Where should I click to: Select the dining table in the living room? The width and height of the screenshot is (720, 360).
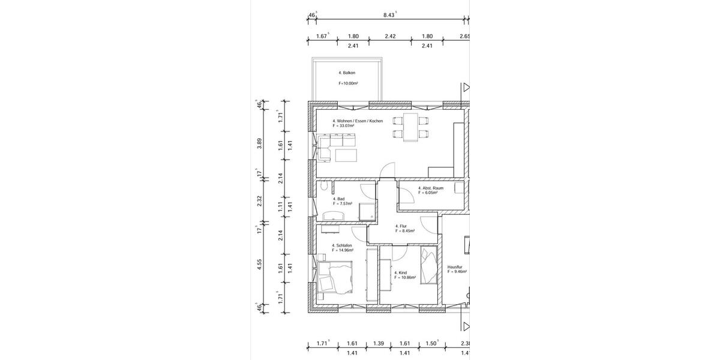(411, 127)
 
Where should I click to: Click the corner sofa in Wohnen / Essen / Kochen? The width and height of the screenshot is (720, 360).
(334, 146)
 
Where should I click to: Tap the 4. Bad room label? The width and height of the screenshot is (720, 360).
(339, 199)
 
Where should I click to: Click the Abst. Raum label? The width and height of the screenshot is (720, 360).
(431, 188)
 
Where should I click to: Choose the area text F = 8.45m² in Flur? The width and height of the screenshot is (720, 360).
(405, 230)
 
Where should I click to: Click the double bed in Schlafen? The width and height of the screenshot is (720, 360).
(335, 280)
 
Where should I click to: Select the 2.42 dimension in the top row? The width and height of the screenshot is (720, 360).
(390, 36)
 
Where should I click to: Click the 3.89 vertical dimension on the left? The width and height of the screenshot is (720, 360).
(259, 143)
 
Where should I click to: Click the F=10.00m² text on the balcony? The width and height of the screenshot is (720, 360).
(349, 83)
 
